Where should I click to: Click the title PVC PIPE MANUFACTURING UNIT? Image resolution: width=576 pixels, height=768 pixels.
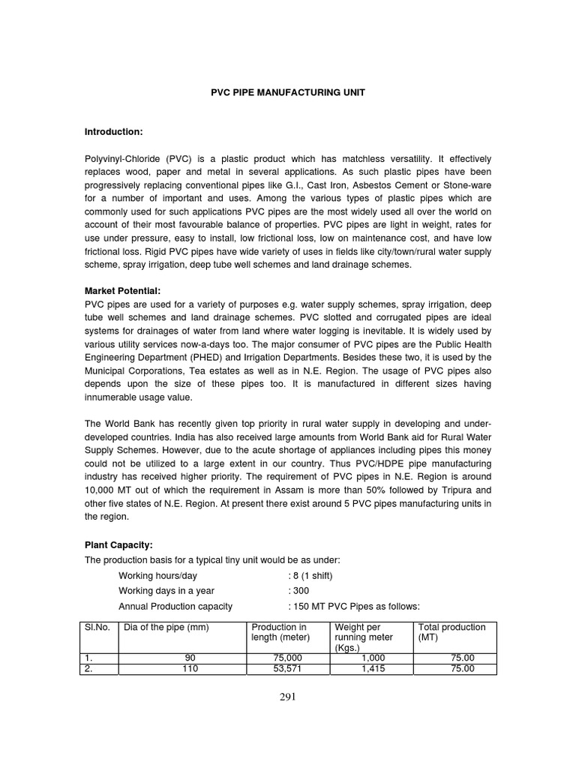coord(287,91)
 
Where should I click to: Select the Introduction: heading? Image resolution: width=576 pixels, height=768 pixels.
coord(113,132)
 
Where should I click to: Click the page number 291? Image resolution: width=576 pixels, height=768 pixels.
coord(288,697)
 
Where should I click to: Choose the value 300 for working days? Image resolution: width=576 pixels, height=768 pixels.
coord(299,591)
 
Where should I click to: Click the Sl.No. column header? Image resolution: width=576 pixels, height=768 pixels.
coord(94,627)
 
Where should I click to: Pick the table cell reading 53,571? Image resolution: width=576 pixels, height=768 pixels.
coord(289,670)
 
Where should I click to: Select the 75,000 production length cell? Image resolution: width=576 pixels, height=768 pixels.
coord(289,658)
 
